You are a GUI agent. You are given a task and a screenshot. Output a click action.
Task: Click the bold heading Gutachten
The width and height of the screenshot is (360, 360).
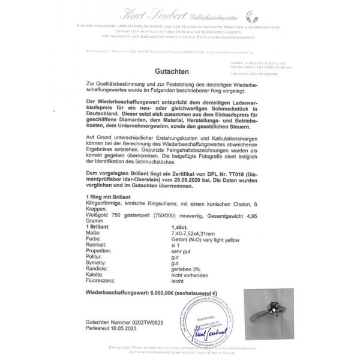point(179,70)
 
